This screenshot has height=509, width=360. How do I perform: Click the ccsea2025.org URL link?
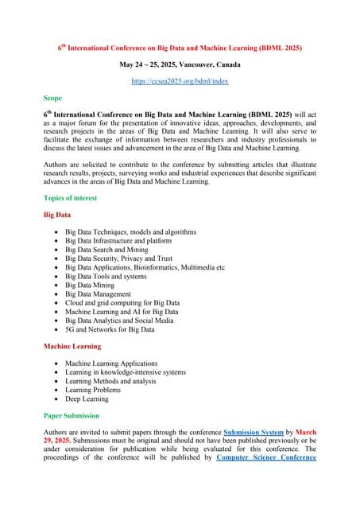pos(179,81)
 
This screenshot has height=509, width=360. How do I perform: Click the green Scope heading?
pos(52,98)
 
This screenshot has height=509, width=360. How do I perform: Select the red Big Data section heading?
pos(57,215)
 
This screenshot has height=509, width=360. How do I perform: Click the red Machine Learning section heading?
pos(72,346)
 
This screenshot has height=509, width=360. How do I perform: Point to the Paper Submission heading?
pos(72,415)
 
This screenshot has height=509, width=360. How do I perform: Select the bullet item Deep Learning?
pos(88,399)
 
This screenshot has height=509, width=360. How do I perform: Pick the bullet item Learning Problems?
pos(93,390)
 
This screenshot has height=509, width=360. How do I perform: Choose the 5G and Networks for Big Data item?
pos(110,329)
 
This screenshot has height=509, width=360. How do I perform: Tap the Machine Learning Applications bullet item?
pos(111,363)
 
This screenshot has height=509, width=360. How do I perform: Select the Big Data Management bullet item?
pos(102,293)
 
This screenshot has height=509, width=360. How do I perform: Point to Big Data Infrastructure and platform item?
pos(119,240)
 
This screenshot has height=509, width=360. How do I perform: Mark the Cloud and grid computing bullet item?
pos(122,302)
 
